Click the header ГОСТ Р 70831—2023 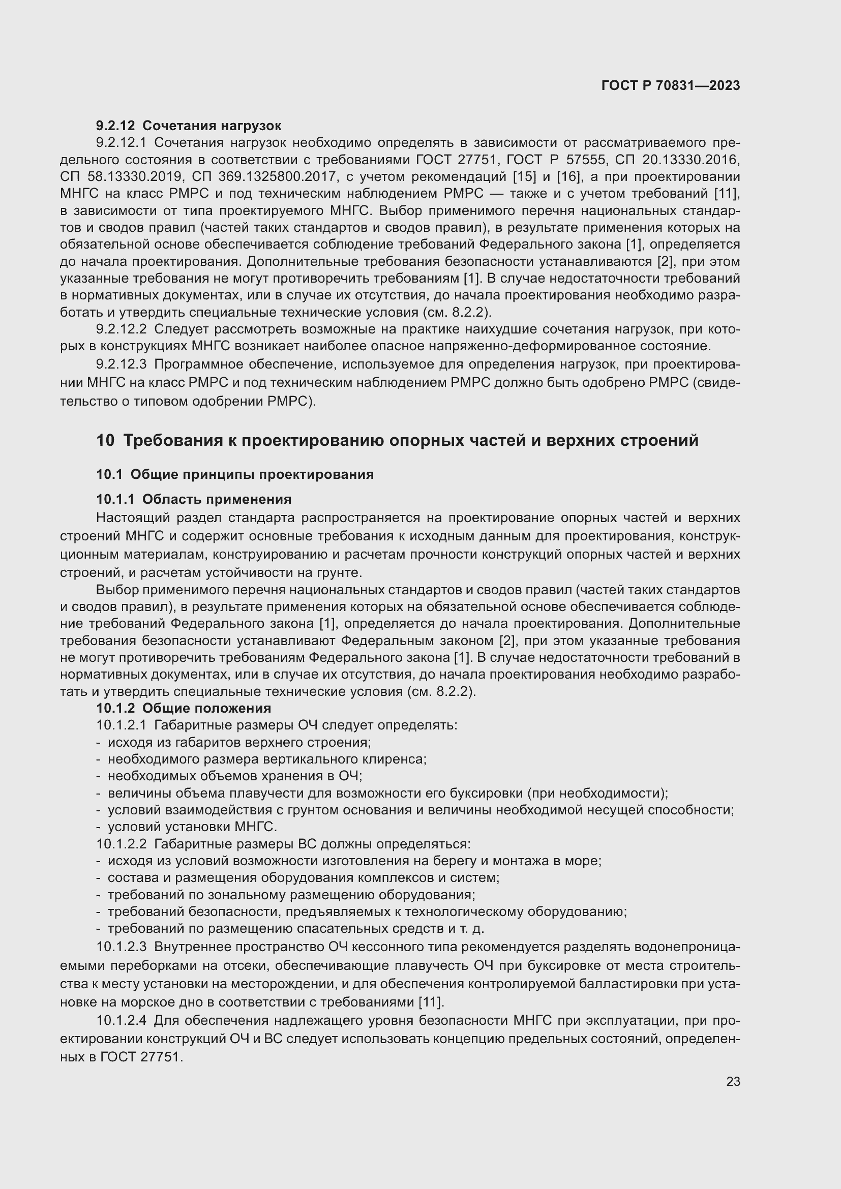coord(670,85)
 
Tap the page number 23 coord(733,1082)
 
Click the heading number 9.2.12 coord(115,126)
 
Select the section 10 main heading coord(397,440)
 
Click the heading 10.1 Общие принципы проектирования coord(234,474)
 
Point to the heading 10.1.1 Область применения coord(194,499)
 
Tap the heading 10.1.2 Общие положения coord(184,708)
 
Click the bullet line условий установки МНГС coord(192,827)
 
